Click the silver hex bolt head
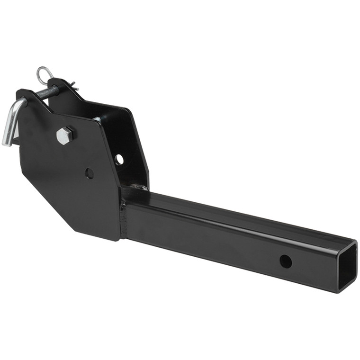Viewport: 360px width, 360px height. tap(65, 136)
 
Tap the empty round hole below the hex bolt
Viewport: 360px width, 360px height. tap(89, 173)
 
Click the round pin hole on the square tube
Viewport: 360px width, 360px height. tap(285, 261)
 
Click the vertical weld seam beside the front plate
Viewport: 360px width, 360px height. tap(124, 218)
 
